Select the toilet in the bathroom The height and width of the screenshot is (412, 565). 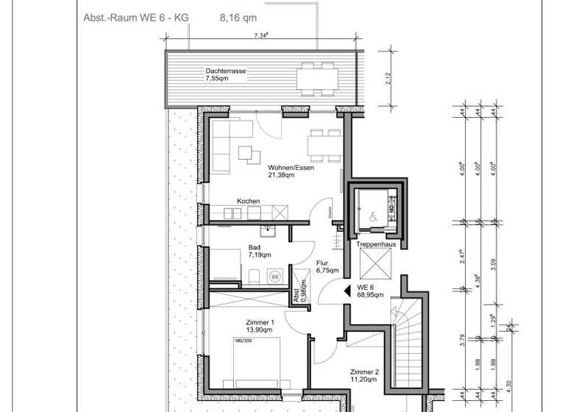point(252,277)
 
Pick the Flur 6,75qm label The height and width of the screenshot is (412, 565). point(326,266)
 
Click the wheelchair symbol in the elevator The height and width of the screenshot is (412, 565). point(372,217)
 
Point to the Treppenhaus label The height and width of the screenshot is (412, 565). point(371,244)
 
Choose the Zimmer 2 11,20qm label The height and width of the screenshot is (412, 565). point(363,375)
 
